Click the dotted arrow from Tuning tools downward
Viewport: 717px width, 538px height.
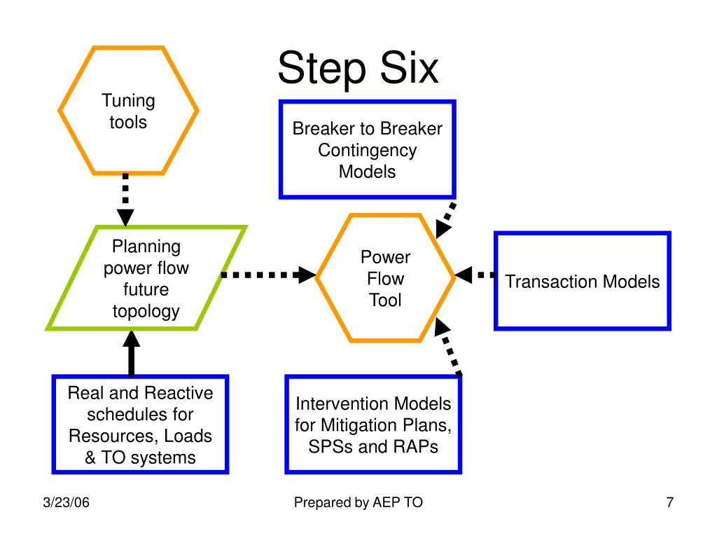pos(125,200)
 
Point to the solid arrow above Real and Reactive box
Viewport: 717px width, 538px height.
pos(131,353)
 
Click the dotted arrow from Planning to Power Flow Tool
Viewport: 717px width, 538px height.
pos(269,275)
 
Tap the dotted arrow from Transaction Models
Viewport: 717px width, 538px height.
pos(475,275)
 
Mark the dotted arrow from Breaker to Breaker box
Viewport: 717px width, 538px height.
pos(445,220)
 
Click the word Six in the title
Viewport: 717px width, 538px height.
pos(409,68)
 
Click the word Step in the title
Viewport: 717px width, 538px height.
pos(322,69)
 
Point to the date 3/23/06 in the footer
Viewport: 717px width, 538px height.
pos(67,502)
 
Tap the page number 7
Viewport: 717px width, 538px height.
pos(670,502)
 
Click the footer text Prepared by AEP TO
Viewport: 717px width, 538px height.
pos(358,502)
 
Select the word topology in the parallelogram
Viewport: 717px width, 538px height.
pos(146,312)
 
